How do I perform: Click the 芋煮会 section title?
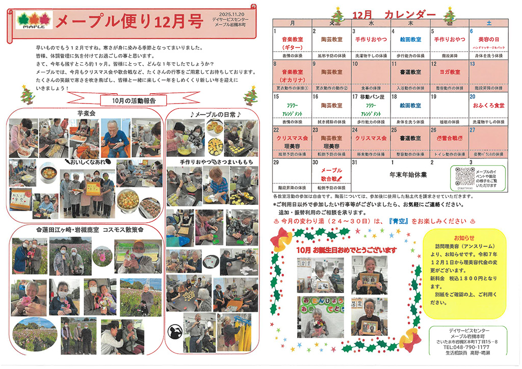tap(83, 113)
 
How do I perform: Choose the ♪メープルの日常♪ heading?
tap(211, 113)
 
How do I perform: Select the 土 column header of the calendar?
tap(489, 23)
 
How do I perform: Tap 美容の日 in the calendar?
tap(488, 39)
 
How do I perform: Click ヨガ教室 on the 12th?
tap(449, 71)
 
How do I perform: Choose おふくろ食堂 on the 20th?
tap(488, 105)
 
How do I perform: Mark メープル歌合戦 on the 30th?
tap(332, 174)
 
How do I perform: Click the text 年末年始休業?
tap(408, 174)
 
